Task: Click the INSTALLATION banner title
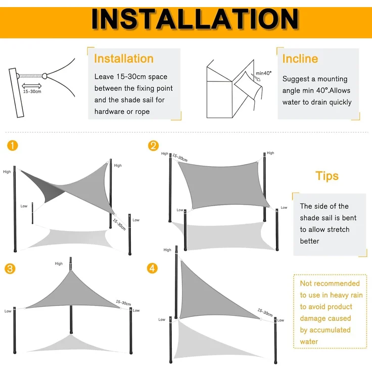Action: (195, 19)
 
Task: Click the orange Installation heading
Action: (124, 59)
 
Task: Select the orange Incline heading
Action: (300, 59)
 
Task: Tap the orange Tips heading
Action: (327, 176)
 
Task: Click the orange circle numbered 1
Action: (13, 146)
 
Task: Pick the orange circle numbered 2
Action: (153, 146)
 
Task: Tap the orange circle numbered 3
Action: (10, 269)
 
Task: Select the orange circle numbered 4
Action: (152, 268)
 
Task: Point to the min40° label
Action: (263, 73)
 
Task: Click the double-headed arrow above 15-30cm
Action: (31, 86)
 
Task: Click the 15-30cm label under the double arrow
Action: (32, 91)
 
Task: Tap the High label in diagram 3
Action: (59, 263)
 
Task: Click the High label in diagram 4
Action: (167, 250)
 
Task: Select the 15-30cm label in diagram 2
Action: (180, 158)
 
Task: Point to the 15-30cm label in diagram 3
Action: (123, 303)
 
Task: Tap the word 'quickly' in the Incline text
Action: (341, 102)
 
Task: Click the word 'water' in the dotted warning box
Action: (309, 342)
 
